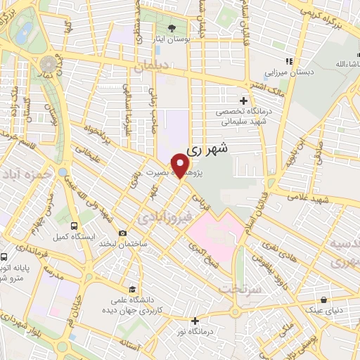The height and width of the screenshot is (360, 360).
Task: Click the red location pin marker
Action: (181, 165)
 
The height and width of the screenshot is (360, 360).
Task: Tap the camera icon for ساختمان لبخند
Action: (123, 233)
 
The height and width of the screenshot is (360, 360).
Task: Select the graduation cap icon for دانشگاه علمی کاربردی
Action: (132, 289)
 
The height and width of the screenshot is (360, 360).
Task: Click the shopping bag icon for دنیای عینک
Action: (323, 299)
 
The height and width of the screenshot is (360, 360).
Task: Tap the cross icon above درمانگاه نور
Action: (195, 321)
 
